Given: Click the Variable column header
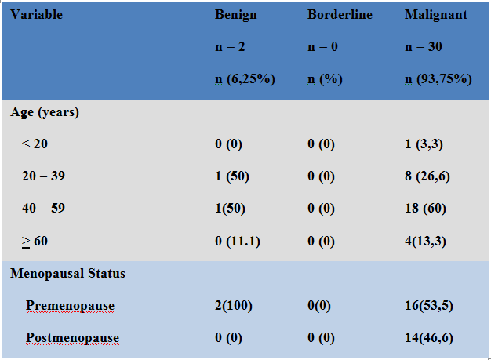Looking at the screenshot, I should click(37, 15).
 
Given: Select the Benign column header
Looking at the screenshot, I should click(236, 15).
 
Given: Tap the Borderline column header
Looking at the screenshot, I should click(340, 15).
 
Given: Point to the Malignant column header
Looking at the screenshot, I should click(436, 15).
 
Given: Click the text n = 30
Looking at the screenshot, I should click(424, 47).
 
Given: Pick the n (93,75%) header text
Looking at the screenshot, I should click(438, 78).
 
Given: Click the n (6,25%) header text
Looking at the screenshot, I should click(245, 78).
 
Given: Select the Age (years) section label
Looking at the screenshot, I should click(45, 112).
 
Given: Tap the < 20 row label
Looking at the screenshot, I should click(35, 144).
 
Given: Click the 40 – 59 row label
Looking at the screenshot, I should click(43, 209).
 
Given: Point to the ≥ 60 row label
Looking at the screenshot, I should click(35, 241).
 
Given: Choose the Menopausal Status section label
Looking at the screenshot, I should click(67, 274).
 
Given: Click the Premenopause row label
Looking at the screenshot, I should click(69, 305).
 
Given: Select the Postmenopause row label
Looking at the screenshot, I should click(72, 338).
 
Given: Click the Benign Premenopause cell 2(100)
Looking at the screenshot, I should click(234, 305).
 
